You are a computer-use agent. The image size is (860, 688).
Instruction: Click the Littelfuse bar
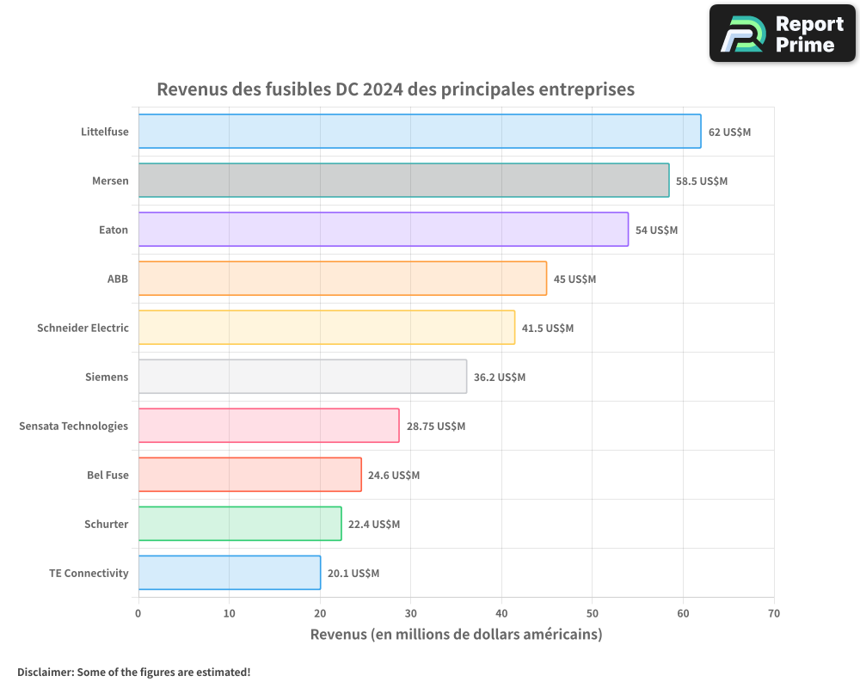click(x=419, y=132)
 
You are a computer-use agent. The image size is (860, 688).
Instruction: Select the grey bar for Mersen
click(x=403, y=181)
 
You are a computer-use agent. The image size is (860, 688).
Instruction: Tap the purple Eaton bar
click(x=383, y=230)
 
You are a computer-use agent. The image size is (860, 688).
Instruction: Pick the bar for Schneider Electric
click(x=326, y=328)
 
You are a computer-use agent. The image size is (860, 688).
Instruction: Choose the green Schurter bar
click(x=239, y=524)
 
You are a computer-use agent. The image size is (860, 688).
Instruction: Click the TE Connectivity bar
click(x=229, y=573)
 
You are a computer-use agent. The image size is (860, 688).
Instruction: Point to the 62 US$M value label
click(x=729, y=132)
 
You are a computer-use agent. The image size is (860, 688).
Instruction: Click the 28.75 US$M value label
click(x=435, y=427)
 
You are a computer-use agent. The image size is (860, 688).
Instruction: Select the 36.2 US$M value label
click(x=499, y=378)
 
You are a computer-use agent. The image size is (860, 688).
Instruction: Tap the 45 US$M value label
click(x=574, y=279)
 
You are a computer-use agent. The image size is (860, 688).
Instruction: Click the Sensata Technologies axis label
click(x=73, y=426)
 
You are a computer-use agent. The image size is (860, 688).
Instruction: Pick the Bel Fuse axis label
click(x=107, y=475)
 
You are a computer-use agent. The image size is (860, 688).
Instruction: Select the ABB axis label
click(x=117, y=279)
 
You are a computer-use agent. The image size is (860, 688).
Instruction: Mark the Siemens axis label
click(x=107, y=377)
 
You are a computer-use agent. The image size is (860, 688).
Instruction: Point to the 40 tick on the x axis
click(x=501, y=614)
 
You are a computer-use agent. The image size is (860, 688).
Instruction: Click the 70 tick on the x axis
click(x=774, y=614)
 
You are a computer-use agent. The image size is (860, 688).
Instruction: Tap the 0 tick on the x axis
click(x=138, y=614)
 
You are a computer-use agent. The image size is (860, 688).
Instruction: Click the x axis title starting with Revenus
click(x=456, y=635)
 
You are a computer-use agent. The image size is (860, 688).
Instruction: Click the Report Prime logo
click(x=782, y=34)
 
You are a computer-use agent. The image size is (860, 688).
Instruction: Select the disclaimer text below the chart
click(x=133, y=672)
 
